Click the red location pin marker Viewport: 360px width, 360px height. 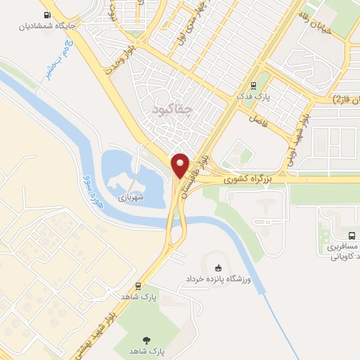pyautogui.click(x=181, y=165)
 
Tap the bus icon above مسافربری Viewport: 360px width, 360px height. pyautogui.click(x=351, y=235)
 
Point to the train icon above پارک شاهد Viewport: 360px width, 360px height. pyautogui.click(x=139, y=286)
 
